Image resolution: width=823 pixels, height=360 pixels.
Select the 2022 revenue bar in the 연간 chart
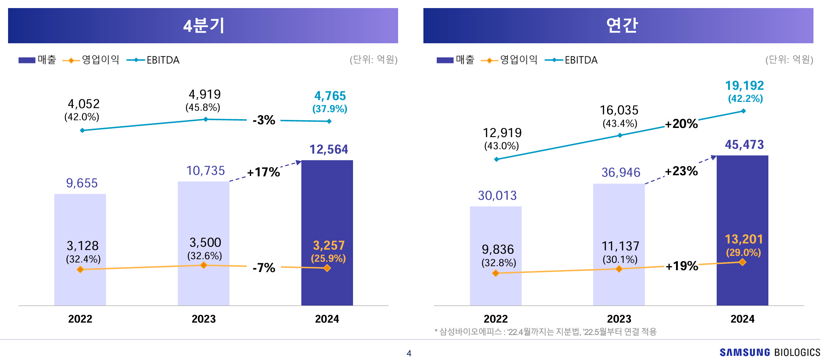point(496,227)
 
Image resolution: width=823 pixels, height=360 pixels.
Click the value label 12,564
point(328,149)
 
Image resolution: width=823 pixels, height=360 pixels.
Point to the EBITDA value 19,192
point(744,85)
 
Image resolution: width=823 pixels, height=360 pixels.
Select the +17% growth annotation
point(263,172)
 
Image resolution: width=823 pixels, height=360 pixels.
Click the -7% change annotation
point(264,268)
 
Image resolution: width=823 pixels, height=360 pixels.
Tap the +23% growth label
point(681,171)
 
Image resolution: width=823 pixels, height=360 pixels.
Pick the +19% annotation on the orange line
point(681,266)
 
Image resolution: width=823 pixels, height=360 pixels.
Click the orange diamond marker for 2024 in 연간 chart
point(742,262)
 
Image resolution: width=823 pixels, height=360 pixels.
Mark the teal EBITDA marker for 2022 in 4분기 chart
point(82,130)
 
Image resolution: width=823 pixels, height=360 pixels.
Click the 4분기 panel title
point(203,26)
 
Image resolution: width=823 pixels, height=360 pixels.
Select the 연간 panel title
point(622,26)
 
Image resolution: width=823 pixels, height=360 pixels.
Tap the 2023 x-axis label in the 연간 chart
point(619,319)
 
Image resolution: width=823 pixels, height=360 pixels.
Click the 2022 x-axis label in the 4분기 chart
point(80,319)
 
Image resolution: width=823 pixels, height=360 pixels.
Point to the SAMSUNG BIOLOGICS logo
point(769,352)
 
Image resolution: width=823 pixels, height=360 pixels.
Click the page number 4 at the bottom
point(409,353)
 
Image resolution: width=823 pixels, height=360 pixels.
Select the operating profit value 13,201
point(743,239)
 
